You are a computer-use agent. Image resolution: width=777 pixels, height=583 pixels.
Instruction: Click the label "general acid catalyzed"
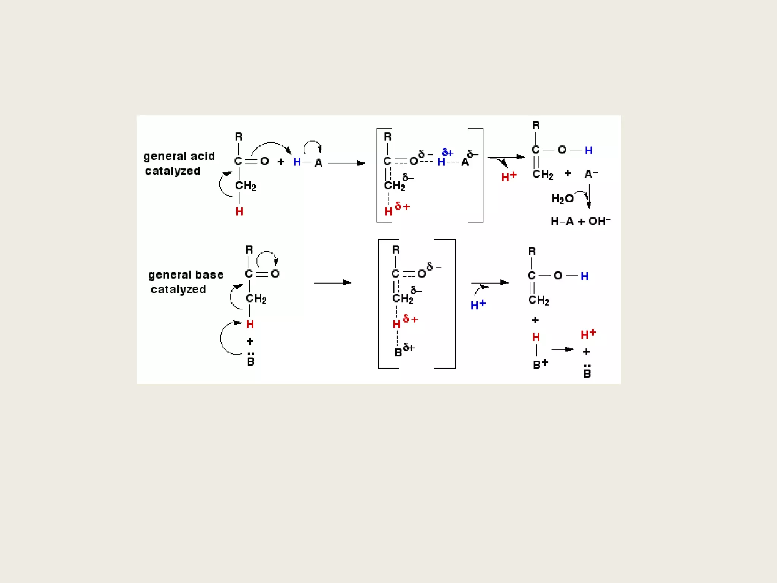pyautogui.click(x=179, y=164)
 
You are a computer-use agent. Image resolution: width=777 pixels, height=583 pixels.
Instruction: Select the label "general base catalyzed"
pyautogui.click(x=186, y=282)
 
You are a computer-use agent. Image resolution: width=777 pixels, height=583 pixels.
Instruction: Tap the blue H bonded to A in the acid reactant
pyautogui.click(x=297, y=162)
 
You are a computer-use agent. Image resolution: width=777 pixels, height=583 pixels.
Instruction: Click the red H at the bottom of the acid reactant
pyautogui.click(x=239, y=211)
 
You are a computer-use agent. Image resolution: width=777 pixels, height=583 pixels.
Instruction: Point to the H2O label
pyautogui.click(x=562, y=199)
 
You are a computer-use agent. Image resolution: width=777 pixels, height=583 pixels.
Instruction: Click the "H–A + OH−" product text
pyautogui.click(x=580, y=221)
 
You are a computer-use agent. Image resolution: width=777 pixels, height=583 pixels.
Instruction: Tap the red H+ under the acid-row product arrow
pyautogui.click(x=509, y=176)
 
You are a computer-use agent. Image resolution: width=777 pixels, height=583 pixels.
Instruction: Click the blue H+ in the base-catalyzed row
pyautogui.click(x=478, y=305)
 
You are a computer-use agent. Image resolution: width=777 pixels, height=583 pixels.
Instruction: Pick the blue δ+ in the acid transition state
pyautogui.click(x=448, y=153)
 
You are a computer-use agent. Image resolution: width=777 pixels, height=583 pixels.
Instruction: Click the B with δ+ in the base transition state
pyautogui.click(x=399, y=353)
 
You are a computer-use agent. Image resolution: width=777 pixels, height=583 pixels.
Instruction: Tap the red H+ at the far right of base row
pyautogui.click(x=588, y=334)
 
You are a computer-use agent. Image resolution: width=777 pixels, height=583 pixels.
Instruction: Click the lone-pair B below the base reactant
pyautogui.click(x=250, y=361)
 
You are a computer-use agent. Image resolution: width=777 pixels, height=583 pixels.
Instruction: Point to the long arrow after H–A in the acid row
pyautogui.click(x=346, y=164)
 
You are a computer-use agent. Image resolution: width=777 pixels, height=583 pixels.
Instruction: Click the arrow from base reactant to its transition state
pyautogui.click(x=332, y=283)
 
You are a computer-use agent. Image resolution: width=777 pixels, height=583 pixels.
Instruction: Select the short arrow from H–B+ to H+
pyautogui.click(x=562, y=349)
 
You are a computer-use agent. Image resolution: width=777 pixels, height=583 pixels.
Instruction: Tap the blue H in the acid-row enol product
pyautogui.click(x=588, y=151)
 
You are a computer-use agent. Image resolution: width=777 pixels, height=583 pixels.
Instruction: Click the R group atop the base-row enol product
pyautogui.click(x=532, y=251)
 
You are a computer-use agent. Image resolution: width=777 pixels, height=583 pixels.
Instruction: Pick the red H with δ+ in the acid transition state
pyautogui.click(x=388, y=211)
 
